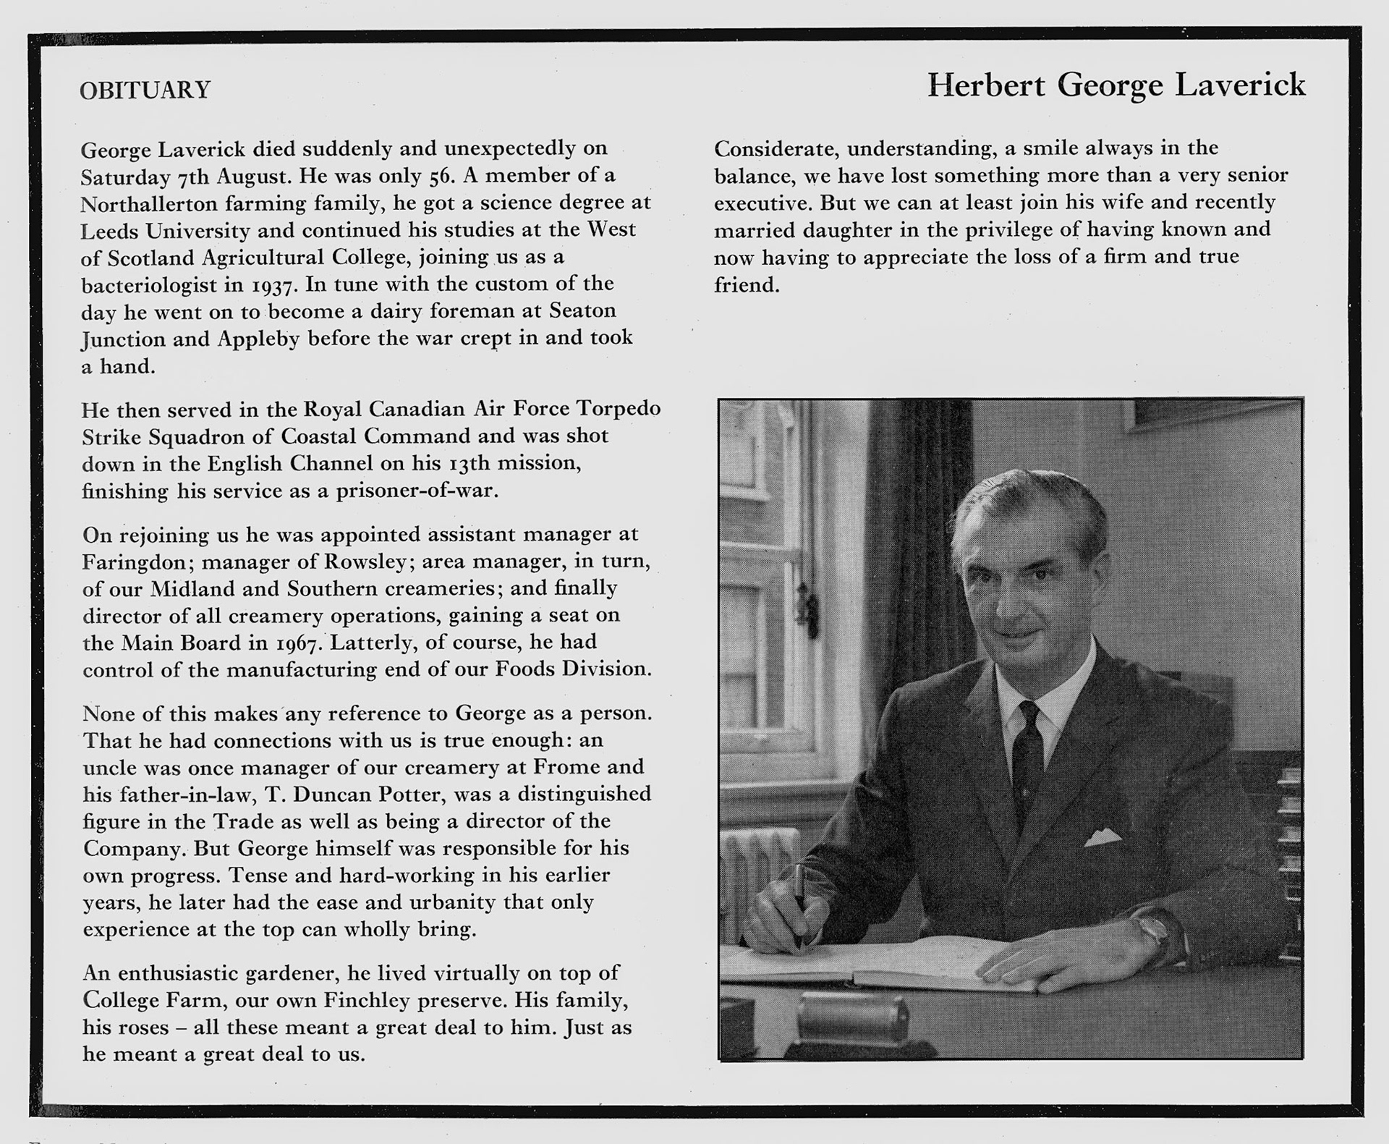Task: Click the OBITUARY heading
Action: pyautogui.click(x=145, y=90)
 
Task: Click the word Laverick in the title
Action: pyautogui.click(x=1240, y=85)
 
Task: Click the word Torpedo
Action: pyautogui.click(x=619, y=409)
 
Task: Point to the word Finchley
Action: pyautogui.click(x=367, y=1001)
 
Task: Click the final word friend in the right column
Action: pyautogui.click(x=746, y=285)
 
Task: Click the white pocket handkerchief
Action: pyautogui.click(x=1103, y=839)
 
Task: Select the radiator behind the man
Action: pyautogui.click(x=756, y=868)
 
